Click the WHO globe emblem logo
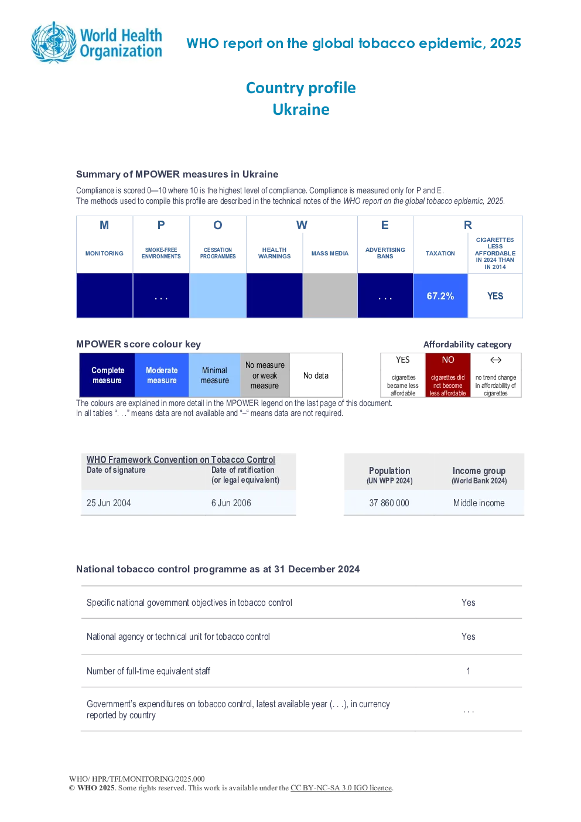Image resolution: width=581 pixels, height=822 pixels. click(54, 43)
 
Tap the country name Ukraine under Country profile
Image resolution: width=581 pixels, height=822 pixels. click(301, 110)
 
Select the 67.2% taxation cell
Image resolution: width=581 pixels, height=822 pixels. click(440, 296)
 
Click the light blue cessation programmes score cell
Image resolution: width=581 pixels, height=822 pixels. click(217, 296)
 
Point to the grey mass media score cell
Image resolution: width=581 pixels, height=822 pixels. click(330, 296)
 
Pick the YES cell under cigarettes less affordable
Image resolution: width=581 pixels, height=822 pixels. click(495, 296)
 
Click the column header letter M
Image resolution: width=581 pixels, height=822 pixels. click(104, 225)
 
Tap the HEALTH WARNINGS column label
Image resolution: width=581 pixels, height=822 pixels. click(274, 253)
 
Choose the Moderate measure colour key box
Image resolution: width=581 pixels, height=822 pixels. click(162, 375)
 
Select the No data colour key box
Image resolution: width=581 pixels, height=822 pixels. click(316, 375)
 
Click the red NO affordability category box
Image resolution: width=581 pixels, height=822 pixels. click(448, 375)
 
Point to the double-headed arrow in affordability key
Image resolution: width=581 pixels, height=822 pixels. click(495, 360)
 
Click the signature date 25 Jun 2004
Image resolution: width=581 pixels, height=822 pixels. click(108, 503)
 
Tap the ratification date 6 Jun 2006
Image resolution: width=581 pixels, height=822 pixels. click(231, 503)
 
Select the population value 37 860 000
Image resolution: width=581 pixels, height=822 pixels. click(389, 503)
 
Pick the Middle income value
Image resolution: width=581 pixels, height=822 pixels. click(479, 503)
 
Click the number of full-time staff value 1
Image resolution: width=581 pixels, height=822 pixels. click(468, 671)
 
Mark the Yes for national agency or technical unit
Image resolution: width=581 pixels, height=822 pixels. click(468, 636)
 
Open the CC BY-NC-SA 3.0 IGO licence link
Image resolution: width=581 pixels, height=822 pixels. click(341, 787)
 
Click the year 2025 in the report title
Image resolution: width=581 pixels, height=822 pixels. click(505, 43)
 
